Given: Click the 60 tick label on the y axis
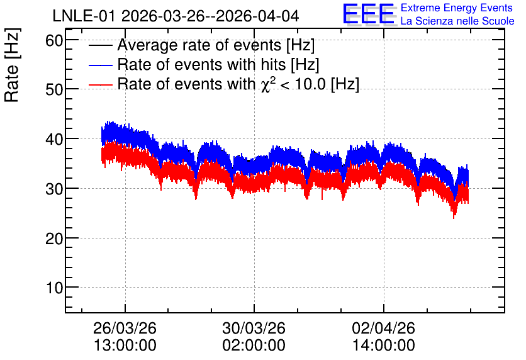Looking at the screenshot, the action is [x=54, y=40].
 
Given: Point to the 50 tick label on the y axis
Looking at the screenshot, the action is [x=54, y=89].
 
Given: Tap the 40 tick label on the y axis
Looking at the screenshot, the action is [x=54, y=139].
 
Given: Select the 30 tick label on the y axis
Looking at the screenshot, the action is [x=54, y=189].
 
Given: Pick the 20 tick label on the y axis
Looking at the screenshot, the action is [x=54, y=239].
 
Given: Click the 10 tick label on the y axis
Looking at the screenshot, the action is [x=54, y=288].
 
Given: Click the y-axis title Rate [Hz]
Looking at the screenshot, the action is [x=12, y=65].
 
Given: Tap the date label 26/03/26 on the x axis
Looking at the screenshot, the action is [x=125, y=328].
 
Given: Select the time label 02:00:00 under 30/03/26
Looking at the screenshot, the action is [x=254, y=346].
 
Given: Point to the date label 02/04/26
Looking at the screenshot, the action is [x=383, y=328].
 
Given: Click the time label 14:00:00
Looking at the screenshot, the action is [x=383, y=346].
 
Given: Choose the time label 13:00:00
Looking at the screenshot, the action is [x=125, y=346].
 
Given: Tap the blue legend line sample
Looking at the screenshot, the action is [x=101, y=65].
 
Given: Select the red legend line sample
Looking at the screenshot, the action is [x=101, y=84].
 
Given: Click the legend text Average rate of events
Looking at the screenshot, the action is [x=199, y=45].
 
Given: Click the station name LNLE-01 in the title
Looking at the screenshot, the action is [x=85, y=16].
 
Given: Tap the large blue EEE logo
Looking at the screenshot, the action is [x=369, y=14].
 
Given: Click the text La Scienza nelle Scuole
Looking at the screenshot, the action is [x=457, y=21].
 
